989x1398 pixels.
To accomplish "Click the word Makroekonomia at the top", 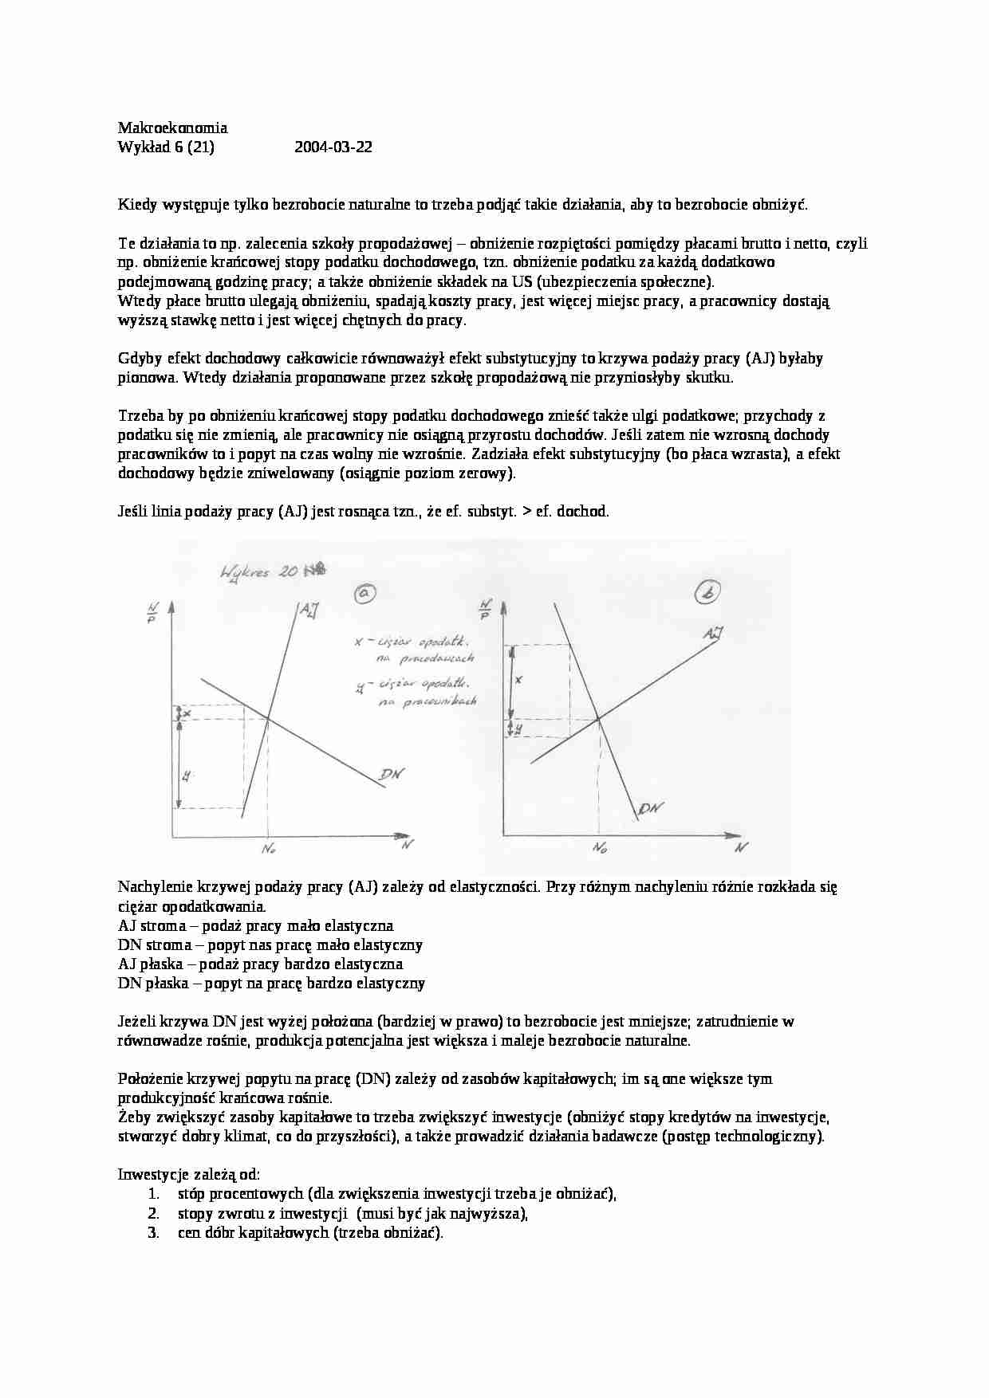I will click(172, 128).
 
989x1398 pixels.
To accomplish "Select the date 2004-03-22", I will click(333, 147).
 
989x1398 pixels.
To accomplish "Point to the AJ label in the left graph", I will click(308, 611).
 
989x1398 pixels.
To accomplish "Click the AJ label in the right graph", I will click(713, 634).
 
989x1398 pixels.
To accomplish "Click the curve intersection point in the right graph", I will click(599, 720).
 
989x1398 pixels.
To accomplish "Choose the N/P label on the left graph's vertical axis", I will click(151, 615).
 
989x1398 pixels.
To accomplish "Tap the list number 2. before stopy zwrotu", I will click(154, 1213).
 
